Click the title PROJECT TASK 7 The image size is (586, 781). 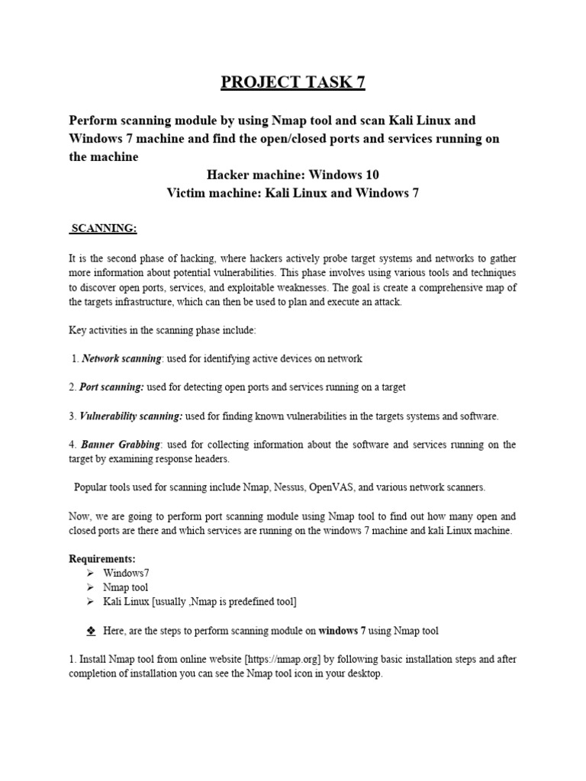[x=293, y=82]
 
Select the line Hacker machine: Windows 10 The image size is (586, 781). [x=293, y=175]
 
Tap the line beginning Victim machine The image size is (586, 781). [x=293, y=193]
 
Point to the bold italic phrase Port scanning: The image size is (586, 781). [x=111, y=387]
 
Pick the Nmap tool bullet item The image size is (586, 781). [x=126, y=587]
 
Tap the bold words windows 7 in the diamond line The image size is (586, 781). [x=342, y=631]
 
